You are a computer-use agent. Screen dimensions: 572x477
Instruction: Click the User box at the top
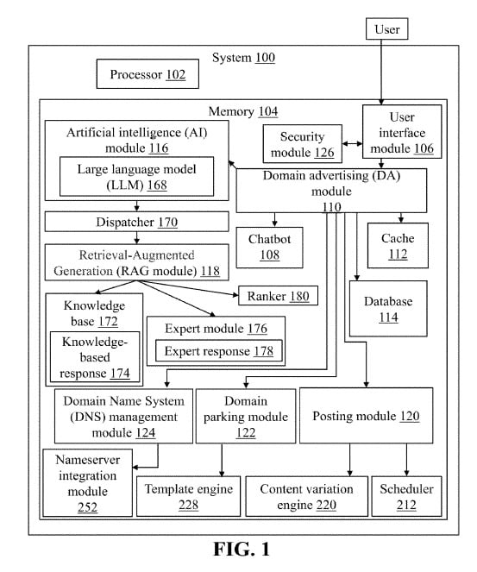(x=386, y=29)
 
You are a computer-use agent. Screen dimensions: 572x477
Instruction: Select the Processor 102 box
(x=147, y=75)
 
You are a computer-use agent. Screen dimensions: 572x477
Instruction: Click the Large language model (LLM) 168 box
(x=136, y=175)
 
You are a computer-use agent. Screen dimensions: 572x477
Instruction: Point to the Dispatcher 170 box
(x=136, y=223)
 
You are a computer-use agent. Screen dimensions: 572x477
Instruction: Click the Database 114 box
(x=386, y=309)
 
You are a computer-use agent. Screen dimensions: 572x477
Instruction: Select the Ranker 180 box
(x=278, y=296)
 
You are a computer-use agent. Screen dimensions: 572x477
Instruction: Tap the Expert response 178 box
(x=218, y=351)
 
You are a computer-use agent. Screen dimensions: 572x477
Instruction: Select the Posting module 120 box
(x=366, y=416)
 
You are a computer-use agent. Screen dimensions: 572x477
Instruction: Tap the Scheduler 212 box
(x=406, y=496)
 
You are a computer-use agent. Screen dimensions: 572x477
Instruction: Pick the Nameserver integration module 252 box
(x=87, y=482)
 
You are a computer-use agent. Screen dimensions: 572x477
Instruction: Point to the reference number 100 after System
(x=265, y=58)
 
